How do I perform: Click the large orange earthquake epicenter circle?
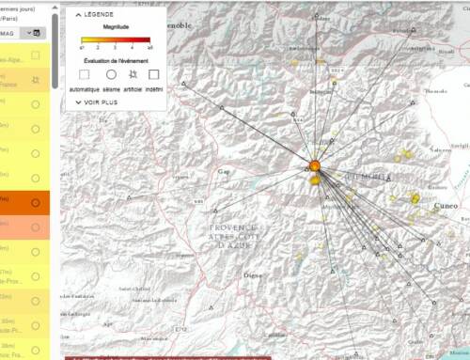click(315, 165)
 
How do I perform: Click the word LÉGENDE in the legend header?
click(100, 16)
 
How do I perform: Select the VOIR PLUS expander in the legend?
click(100, 102)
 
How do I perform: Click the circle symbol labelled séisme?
click(111, 72)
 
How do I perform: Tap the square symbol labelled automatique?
click(85, 72)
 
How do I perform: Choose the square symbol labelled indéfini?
click(154, 72)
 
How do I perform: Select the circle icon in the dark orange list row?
click(36, 201)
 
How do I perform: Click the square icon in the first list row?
click(36, 55)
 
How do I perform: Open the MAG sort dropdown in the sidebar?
click(36, 32)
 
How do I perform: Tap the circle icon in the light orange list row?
click(36, 227)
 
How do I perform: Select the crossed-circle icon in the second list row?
click(36, 80)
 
